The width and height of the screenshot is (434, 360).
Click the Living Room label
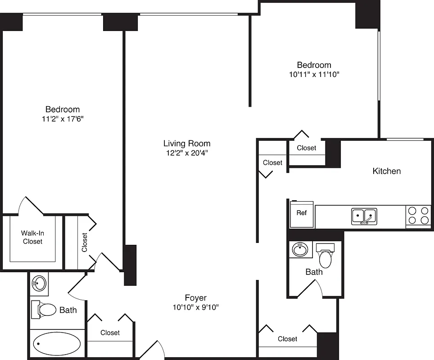pyautogui.click(x=186, y=144)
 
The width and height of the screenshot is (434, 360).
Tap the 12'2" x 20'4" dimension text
pyautogui.click(x=186, y=153)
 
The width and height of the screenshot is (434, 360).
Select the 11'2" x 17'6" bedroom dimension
pyautogui.click(x=62, y=119)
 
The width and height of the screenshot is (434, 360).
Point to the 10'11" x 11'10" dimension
pyautogui.click(x=314, y=74)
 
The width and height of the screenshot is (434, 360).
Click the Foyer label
pyautogui.click(x=196, y=298)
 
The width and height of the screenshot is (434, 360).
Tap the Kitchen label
pyautogui.click(x=386, y=171)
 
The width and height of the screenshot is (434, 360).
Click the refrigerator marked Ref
pyautogui.click(x=301, y=213)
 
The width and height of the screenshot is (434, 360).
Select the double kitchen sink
pyautogui.click(x=364, y=216)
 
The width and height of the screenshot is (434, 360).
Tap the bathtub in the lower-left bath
pyautogui.click(x=57, y=344)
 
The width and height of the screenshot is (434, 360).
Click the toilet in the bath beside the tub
pyautogui.click(x=44, y=309)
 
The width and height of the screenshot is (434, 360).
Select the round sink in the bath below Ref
pyautogui.click(x=299, y=248)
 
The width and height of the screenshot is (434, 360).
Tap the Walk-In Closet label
pyautogui.click(x=32, y=237)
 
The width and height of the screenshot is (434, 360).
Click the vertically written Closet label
pyautogui.click(x=85, y=242)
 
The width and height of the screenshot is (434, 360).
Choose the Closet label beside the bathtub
pyautogui.click(x=110, y=333)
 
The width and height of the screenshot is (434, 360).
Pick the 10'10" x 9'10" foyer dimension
pyautogui.click(x=196, y=307)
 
